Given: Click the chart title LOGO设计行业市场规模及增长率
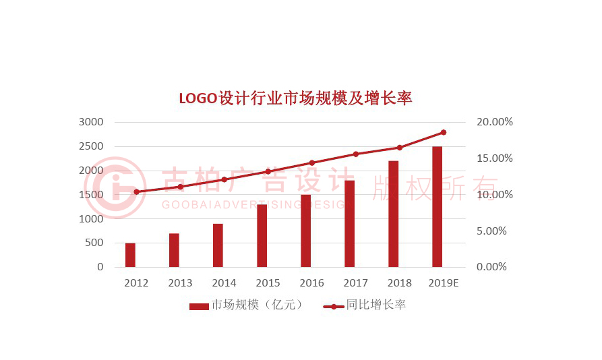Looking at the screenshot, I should [x=295, y=98].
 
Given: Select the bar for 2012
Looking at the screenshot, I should [x=130, y=255].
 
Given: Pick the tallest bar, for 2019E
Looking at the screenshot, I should [x=437, y=206].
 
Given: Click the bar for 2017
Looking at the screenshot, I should [x=349, y=223].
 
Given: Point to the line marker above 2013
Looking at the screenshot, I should [x=180, y=187].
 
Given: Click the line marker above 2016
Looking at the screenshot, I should [x=311, y=163].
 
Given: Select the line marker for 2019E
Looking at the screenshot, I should [x=443, y=132].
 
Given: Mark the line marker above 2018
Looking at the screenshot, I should [x=399, y=148].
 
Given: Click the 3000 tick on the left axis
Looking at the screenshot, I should [x=91, y=122].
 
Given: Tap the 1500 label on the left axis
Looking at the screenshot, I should [x=91, y=195].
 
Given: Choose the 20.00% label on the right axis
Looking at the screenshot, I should [x=495, y=122].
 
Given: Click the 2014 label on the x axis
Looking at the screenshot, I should [x=224, y=283].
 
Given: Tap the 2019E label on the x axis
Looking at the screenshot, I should [x=443, y=283].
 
